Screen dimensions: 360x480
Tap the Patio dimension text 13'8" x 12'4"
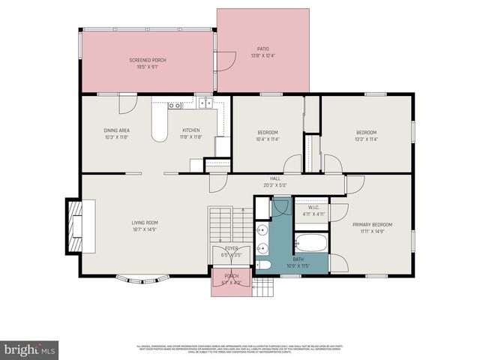point(262,55)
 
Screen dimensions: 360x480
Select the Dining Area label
point(117,130)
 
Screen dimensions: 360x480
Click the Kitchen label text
point(190,130)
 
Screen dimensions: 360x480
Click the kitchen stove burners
point(174,106)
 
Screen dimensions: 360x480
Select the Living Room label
point(145,222)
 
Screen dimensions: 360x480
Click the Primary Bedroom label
point(372,224)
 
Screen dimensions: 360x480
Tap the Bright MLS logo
point(30,349)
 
